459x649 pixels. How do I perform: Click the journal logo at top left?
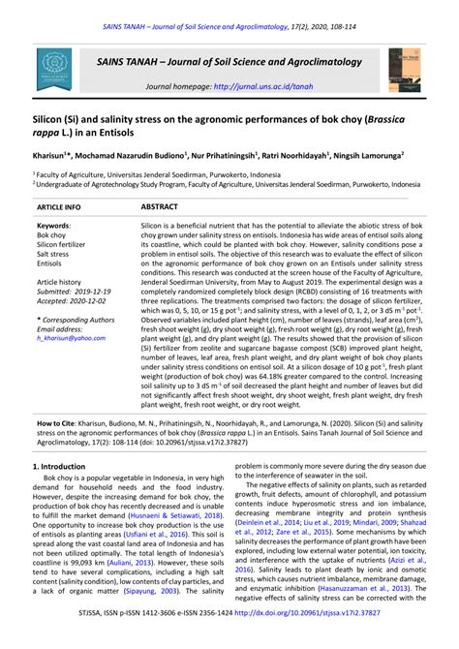(54, 68)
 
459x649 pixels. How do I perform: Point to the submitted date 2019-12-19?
(93, 291)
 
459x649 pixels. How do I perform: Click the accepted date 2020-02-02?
(92, 300)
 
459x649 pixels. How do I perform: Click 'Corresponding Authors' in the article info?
(77, 319)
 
